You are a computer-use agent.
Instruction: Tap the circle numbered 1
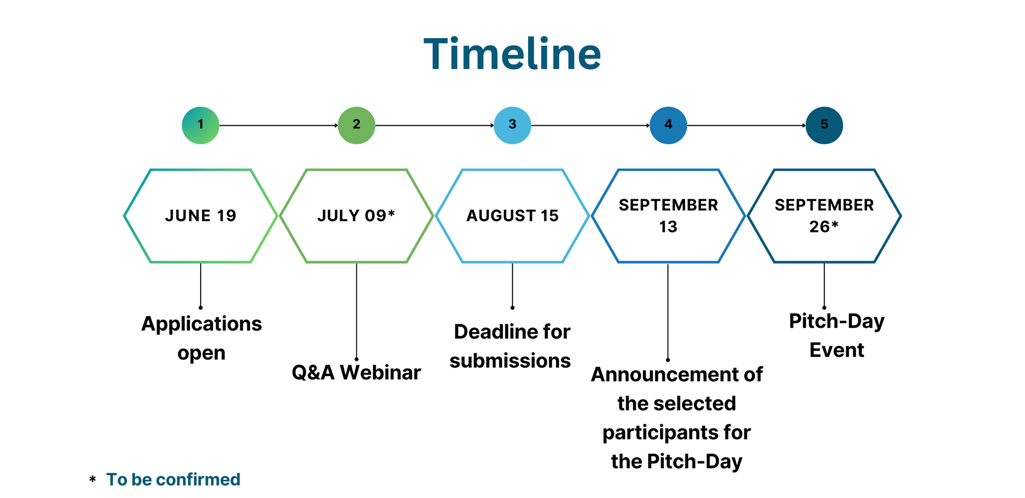[x=201, y=125]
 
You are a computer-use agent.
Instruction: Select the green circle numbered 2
[x=356, y=125]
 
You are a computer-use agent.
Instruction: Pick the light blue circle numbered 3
[x=512, y=125]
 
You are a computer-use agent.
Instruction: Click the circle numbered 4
[x=668, y=125]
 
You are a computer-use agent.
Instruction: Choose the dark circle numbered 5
[x=824, y=125]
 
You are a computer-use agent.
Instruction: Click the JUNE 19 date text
[x=201, y=215]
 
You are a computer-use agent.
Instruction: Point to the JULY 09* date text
[x=356, y=215]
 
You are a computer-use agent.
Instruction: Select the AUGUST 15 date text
[x=512, y=215]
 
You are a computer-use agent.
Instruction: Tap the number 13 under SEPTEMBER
[x=668, y=227]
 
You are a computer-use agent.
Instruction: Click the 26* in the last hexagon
[x=824, y=226]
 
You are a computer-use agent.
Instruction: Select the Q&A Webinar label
[x=356, y=373]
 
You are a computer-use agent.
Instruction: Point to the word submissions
[x=510, y=361]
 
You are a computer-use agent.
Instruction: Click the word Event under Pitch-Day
[x=837, y=350]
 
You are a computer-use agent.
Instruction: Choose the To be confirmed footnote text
[x=173, y=479]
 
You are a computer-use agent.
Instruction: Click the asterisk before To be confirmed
[x=92, y=479]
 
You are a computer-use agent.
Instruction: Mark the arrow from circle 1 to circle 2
[x=279, y=125]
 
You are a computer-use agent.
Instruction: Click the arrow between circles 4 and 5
[x=746, y=125]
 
